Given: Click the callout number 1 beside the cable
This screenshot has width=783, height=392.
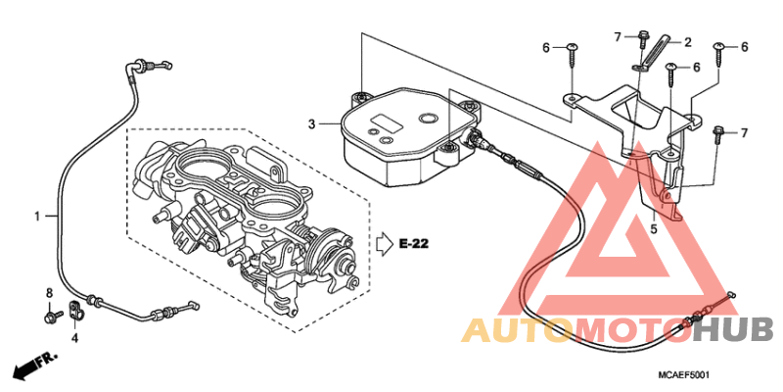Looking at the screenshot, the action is [37, 216].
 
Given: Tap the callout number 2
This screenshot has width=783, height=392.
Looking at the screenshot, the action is [688, 42].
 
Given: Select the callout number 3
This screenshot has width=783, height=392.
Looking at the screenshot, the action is [311, 123].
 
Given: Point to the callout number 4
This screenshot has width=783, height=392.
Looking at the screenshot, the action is [74, 338].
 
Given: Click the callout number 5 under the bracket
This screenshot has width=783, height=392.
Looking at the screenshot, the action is [653, 230].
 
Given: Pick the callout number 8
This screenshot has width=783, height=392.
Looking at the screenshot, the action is [49, 293].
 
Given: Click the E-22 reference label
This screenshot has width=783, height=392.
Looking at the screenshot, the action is [414, 244].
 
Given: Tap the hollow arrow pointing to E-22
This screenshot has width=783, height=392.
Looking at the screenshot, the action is [384, 244].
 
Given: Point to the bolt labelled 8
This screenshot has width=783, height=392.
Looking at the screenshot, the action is [53, 316].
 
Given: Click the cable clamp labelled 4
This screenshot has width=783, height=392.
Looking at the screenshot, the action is [77, 310].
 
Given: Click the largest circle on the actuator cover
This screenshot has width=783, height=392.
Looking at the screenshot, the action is [428, 119].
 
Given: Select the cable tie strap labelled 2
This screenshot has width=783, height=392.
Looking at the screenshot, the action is [654, 54].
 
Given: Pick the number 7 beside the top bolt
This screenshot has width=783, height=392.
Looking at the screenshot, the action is [618, 36].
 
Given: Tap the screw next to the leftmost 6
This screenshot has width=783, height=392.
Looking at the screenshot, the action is [572, 58].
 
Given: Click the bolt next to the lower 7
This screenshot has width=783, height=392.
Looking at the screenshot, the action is [717, 134].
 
